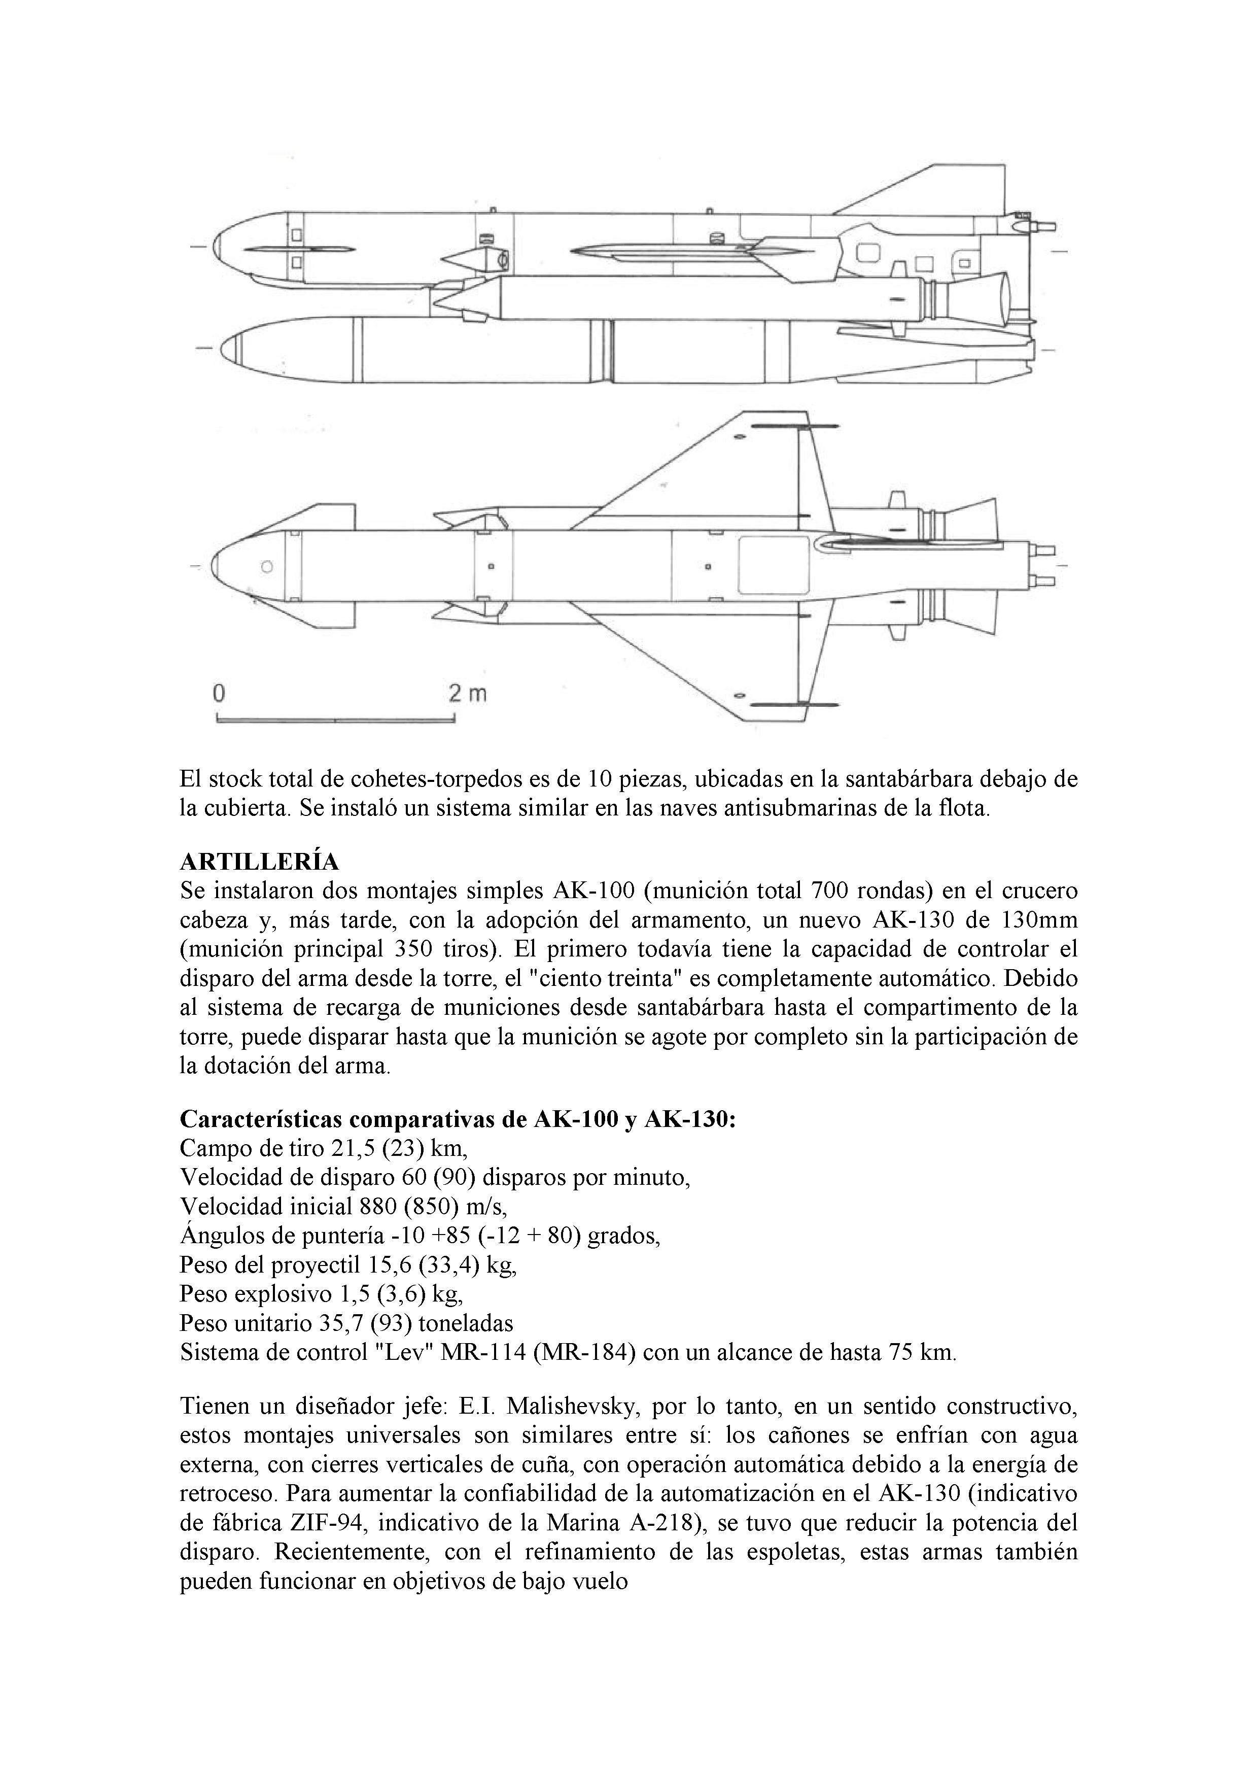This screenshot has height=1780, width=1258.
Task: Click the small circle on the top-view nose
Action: tap(267, 567)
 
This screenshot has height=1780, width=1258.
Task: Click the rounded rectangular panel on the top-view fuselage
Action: tap(774, 566)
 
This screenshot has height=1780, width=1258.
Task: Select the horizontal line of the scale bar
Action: tap(335, 720)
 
